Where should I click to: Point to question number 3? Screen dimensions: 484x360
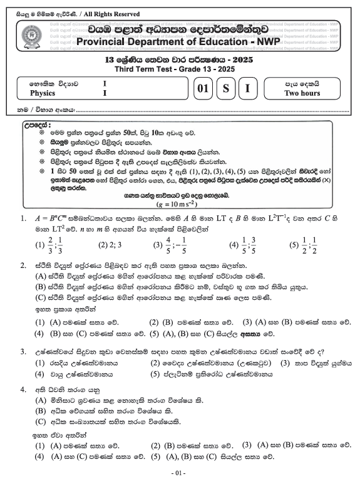23,353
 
